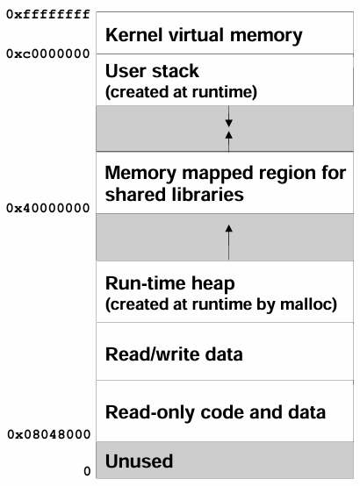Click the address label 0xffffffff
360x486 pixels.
[48, 14]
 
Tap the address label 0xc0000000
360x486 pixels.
[48, 54]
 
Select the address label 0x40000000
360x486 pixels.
[48, 208]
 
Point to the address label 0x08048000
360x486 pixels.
[49, 434]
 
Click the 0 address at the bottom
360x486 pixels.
[87, 471]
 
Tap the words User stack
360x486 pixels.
[152, 71]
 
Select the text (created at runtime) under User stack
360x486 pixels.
[181, 92]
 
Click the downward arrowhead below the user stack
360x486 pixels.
[228, 123]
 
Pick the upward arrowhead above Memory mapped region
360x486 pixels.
[228, 135]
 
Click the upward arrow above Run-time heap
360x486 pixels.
[228, 242]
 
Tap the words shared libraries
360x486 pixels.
[175, 195]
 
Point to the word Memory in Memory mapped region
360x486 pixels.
[140, 173]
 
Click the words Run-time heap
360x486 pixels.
[170, 283]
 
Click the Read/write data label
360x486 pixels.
[174, 354]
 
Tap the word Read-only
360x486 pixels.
[150, 413]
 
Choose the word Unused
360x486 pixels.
[140, 461]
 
